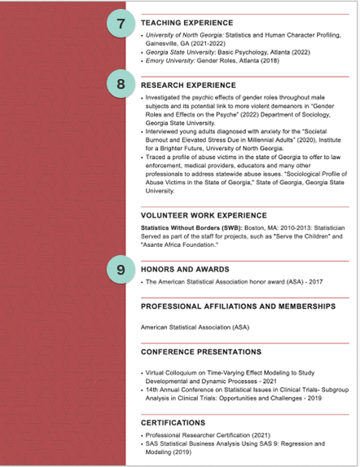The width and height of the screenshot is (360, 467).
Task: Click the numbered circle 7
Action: (x=121, y=24)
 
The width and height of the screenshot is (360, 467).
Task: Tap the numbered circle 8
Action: (x=121, y=84)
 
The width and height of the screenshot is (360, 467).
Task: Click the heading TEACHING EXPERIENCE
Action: (x=187, y=24)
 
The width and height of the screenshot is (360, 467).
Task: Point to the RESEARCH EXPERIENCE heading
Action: (x=188, y=85)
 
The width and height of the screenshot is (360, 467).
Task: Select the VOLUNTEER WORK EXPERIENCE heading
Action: (x=204, y=215)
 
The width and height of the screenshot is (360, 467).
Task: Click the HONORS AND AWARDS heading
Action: (x=185, y=269)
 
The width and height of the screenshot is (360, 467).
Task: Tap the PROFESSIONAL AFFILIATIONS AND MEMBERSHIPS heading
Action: (x=238, y=306)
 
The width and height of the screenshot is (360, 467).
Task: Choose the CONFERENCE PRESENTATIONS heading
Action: (x=201, y=352)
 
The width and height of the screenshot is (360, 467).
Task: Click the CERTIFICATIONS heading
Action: (x=173, y=423)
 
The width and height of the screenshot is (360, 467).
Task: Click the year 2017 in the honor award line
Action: (x=316, y=281)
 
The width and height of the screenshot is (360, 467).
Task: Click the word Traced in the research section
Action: (x=156, y=157)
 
